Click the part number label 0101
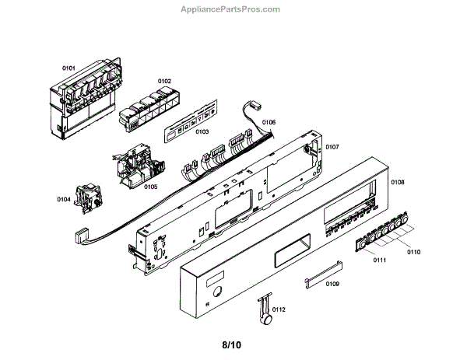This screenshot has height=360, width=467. point(68,68)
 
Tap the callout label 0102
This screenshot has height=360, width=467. point(165,81)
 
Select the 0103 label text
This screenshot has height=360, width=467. point(202,132)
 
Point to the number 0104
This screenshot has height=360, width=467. point(63,200)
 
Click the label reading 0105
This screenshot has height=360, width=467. point(150,187)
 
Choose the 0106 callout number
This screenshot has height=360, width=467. point(269,122)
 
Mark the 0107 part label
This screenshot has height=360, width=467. point(332,146)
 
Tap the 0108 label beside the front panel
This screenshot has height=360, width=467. point(397,183)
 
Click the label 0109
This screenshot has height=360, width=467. point(332,283)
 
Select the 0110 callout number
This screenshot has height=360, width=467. point(413,252)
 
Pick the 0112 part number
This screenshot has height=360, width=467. point(279,309)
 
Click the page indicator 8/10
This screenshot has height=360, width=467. point(233,343)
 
